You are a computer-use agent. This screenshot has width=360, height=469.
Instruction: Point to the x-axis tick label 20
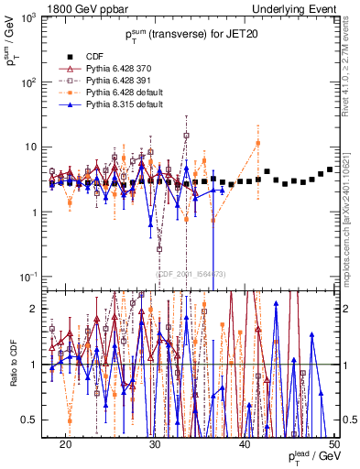[65, 444]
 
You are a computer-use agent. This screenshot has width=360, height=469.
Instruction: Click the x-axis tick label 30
[155, 444]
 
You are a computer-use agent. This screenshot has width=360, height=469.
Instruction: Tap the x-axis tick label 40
[245, 444]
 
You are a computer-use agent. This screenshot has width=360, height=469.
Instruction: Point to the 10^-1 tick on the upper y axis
[28, 277]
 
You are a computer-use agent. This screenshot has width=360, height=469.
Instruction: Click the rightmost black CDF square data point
[330, 169]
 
